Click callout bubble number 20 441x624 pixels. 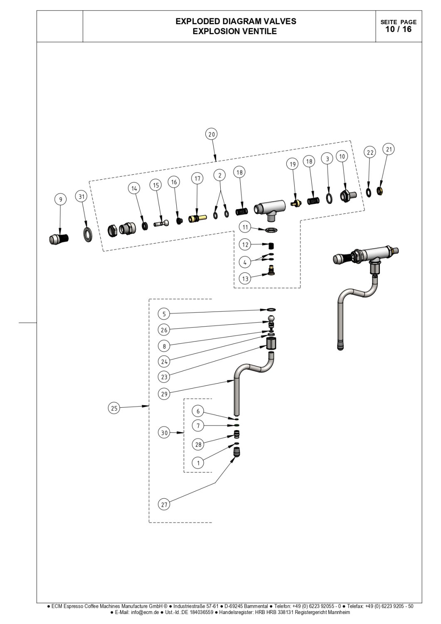point(212,134)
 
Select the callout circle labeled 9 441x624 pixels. point(60,199)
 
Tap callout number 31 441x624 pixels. point(81,197)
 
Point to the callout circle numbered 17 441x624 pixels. point(197,178)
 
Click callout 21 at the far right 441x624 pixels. point(389,149)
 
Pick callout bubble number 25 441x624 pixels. point(114,409)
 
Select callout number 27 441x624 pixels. point(164,505)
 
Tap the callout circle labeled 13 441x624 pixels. point(245,279)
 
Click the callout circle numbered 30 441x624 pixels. point(164,433)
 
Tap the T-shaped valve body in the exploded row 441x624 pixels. point(269,210)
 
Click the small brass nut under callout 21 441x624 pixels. point(379,191)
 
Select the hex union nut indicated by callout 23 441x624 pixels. point(271,343)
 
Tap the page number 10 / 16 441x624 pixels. point(399,29)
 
